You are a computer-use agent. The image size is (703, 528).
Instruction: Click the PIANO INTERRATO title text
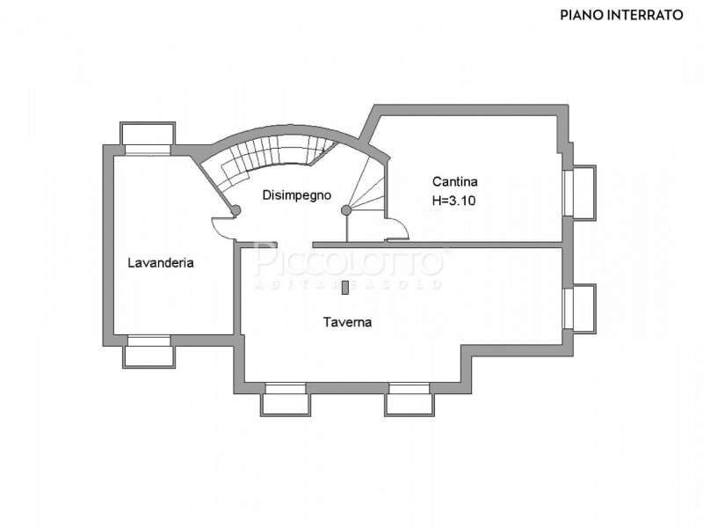621,15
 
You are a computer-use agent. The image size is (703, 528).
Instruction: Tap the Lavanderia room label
161,262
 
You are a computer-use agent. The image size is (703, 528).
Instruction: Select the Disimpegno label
297,195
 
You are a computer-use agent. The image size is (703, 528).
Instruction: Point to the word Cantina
455,182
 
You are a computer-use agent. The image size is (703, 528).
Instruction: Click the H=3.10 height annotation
454,200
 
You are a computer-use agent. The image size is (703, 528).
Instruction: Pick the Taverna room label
347,322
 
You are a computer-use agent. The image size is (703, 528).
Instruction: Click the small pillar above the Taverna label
346,286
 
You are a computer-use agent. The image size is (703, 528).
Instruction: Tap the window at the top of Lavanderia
148,139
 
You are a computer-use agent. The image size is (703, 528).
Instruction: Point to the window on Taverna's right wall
581,309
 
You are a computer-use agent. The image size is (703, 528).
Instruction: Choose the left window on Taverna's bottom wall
286,399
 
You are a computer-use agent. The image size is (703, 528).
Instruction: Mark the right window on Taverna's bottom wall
409,399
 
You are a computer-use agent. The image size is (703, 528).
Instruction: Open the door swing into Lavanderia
224,228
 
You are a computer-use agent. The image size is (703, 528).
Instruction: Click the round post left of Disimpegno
236,209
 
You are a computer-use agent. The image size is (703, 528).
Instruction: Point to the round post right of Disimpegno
346,209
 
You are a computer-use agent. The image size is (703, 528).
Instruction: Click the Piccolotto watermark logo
349,262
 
